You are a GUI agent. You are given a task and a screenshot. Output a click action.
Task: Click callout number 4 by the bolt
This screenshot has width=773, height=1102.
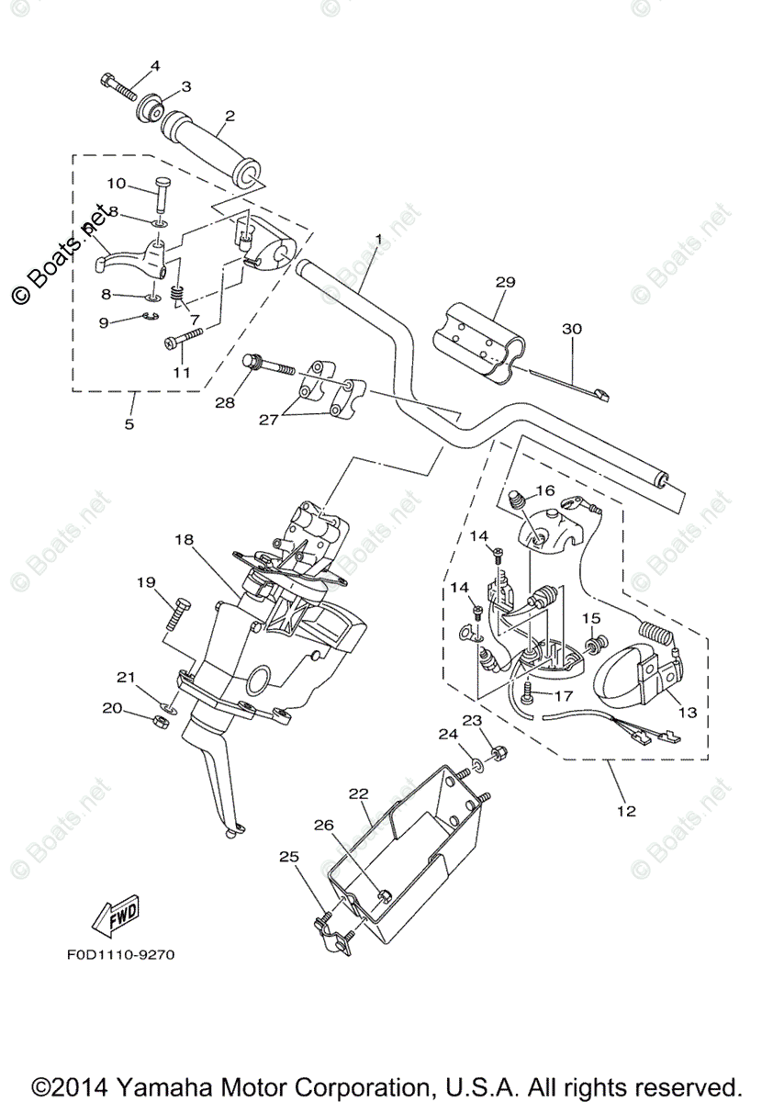(x=154, y=65)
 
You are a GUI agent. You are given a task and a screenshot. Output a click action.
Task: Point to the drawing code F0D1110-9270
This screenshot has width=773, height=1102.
(x=119, y=954)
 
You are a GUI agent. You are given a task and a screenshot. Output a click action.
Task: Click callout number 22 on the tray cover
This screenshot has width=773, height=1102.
(x=357, y=793)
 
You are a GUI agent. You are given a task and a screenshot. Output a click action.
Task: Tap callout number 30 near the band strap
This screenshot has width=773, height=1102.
(x=572, y=328)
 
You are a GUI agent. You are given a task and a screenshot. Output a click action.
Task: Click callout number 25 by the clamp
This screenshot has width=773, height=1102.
(x=289, y=856)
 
